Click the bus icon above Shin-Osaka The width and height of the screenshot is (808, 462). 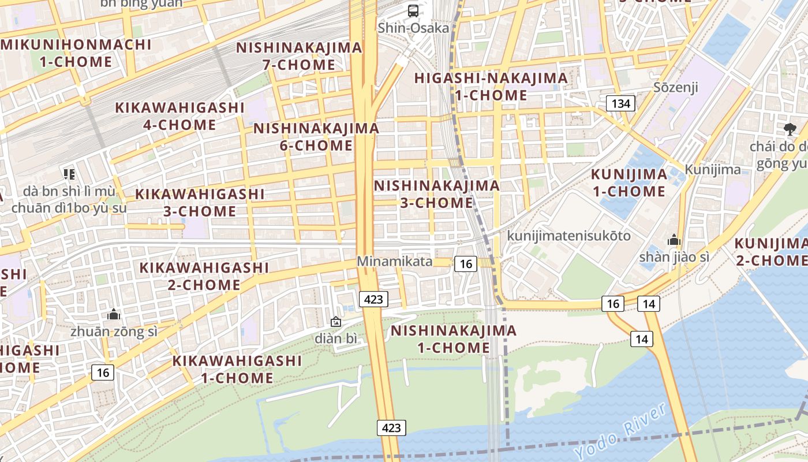pos(413,10)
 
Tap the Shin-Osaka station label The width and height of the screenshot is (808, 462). pos(413,28)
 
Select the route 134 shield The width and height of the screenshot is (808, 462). pos(620,104)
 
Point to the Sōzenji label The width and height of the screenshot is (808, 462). pos(676,87)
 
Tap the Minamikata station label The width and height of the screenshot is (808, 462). pos(394,261)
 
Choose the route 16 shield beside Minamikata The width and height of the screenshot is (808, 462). pos(466,264)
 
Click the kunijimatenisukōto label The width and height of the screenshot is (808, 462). pos(568,236)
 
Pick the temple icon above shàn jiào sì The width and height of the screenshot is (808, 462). pos(674,240)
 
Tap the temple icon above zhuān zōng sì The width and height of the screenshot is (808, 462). pos(114,315)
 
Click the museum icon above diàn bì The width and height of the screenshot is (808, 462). pos(335,322)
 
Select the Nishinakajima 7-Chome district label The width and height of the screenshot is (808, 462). pos(299,56)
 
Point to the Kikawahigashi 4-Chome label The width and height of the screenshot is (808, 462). pos(179,116)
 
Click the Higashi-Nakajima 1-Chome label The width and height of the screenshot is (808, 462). pos(491,87)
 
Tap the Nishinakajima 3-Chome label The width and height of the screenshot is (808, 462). pos(436,194)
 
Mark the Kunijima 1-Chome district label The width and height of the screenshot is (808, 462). pos(629,182)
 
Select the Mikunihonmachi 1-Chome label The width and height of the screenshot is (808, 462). pos(76,53)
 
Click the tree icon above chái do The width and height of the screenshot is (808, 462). pos(790,129)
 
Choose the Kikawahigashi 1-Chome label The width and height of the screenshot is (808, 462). pos(237,370)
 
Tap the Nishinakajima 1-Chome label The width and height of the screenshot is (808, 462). pos(453,339)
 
